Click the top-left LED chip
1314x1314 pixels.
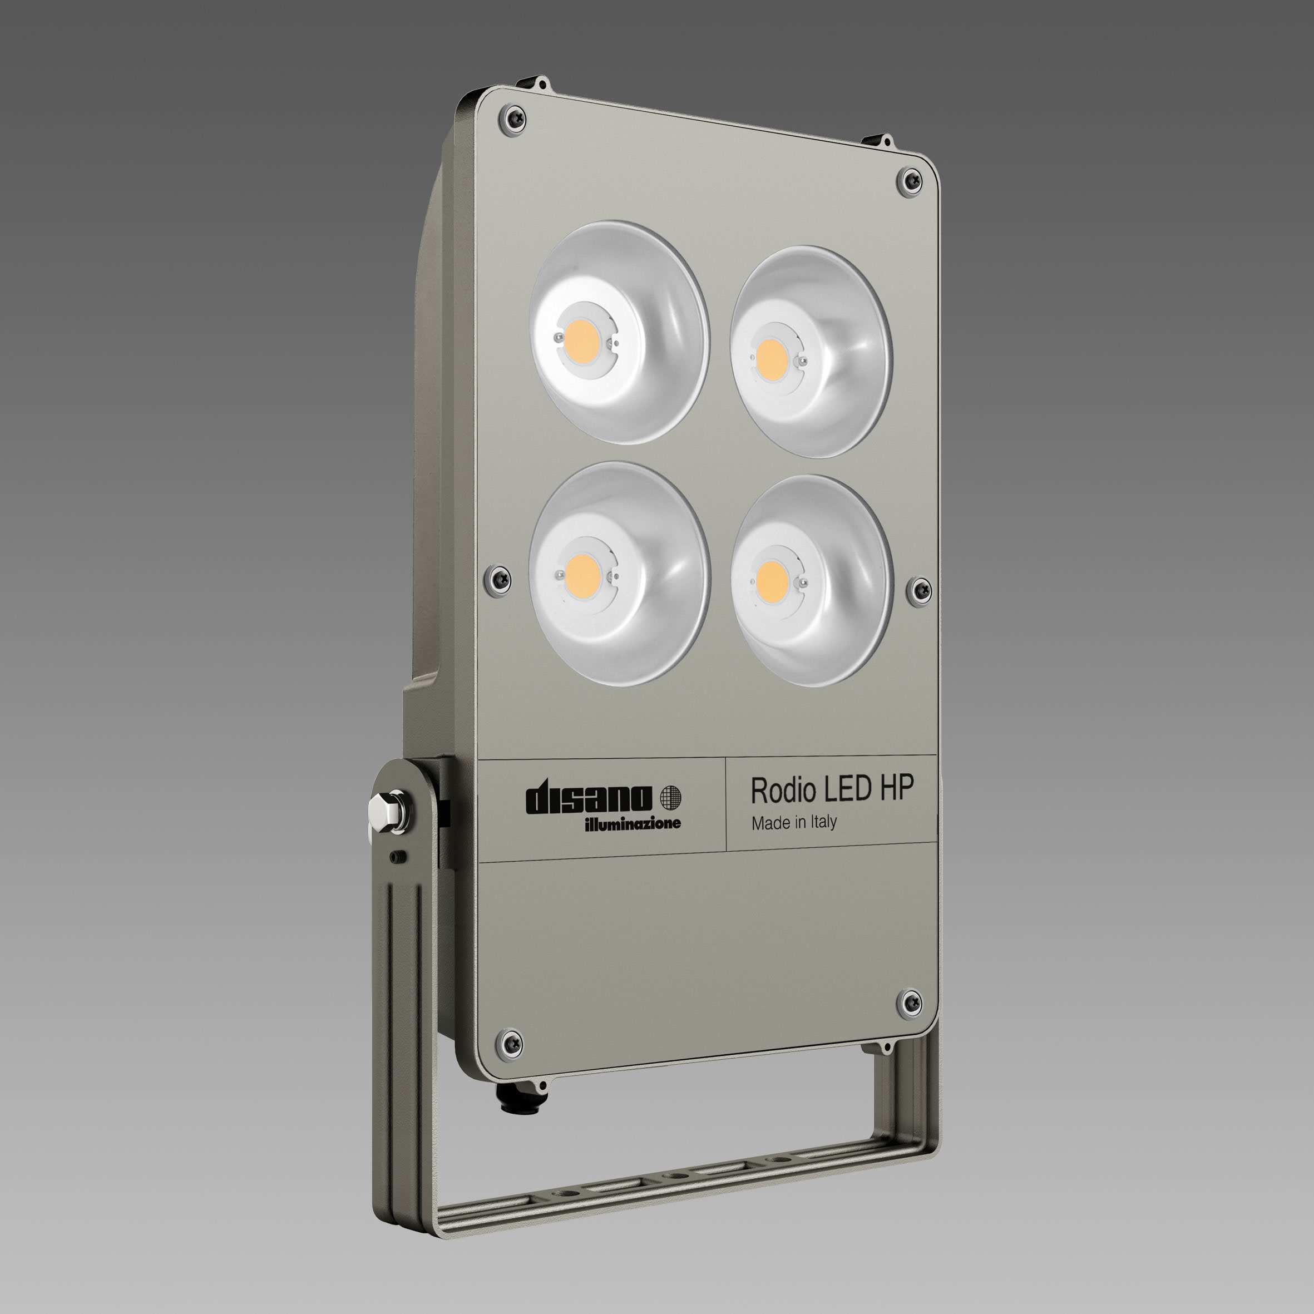point(581,337)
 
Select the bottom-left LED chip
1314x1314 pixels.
point(581,569)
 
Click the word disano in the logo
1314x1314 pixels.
point(589,798)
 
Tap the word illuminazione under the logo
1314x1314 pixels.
point(633,824)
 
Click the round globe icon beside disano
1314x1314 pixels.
point(670,797)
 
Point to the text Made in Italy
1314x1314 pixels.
point(794,823)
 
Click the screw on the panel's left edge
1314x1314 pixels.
point(498,580)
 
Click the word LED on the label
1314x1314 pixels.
point(847,788)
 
